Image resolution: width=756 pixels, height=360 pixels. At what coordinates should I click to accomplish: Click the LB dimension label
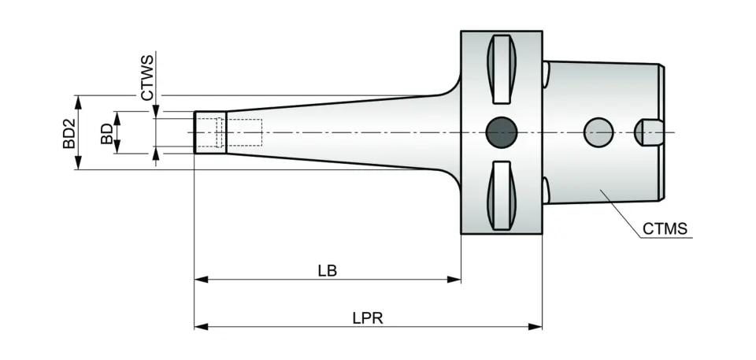(327, 270)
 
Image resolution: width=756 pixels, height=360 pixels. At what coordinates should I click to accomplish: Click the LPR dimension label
(368, 317)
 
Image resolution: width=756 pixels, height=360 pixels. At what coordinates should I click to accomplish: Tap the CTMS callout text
(665, 229)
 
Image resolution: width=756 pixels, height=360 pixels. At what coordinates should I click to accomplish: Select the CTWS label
(147, 77)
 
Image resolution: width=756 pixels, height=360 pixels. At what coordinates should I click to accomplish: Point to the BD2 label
(69, 133)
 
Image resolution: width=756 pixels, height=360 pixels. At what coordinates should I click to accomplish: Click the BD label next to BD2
(106, 133)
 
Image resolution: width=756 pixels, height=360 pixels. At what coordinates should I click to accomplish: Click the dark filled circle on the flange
(501, 132)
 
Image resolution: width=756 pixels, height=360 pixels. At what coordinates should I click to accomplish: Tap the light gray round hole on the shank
(598, 132)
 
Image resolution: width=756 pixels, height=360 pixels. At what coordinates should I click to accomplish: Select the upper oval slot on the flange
(501, 69)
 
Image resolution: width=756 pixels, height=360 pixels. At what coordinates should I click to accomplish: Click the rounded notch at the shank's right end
(650, 132)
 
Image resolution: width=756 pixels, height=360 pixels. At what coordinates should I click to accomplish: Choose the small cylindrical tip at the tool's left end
(209, 132)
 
